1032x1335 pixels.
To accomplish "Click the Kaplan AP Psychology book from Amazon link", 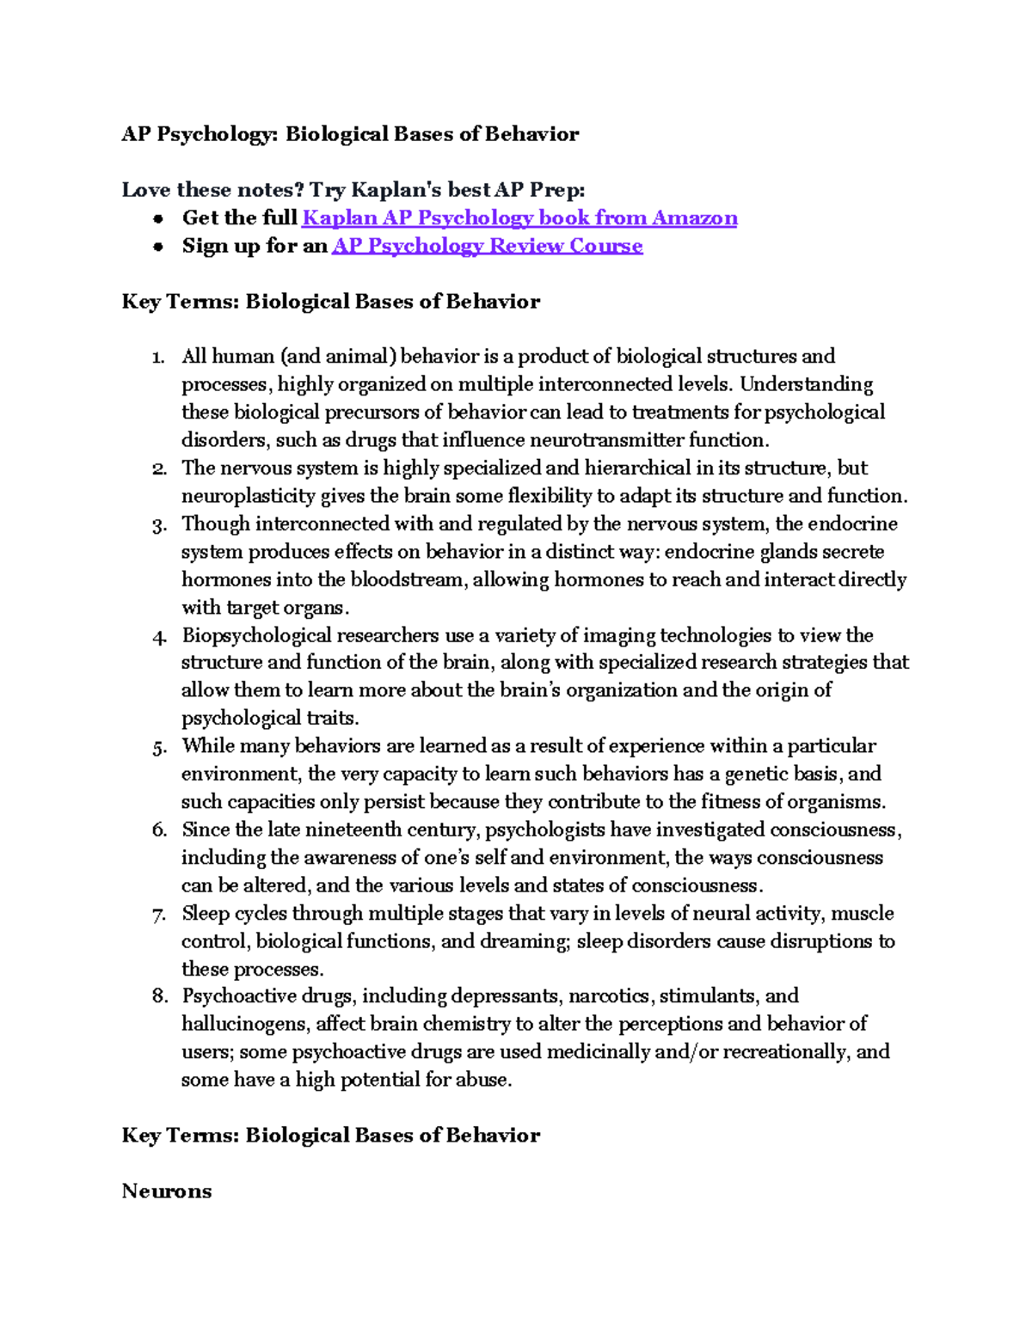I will pyautogui.click(x=519, y=218).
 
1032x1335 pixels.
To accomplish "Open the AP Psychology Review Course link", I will pyautogui.click(x=488, y=246).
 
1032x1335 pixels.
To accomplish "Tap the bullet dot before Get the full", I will pyautogui.click(x=158, y=219).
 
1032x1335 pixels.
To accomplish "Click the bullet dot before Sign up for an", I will pyautogui.click(x=158, y=248).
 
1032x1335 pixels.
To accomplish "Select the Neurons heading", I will pyautogui.click(x=167, y=1191).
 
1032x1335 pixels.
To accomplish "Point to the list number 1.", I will pyautogui.click(x=157, y=358).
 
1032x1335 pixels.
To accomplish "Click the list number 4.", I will pyautogui.click(x=158, y=637).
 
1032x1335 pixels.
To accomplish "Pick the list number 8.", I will pyautogui.click(x=159, y=996).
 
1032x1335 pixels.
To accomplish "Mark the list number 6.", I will pyautogui.click(x=159, y=830).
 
